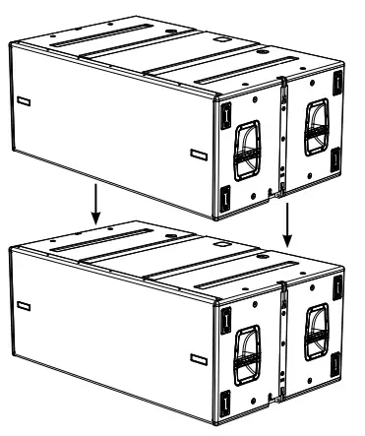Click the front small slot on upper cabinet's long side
195,152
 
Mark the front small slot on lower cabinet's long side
195,370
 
